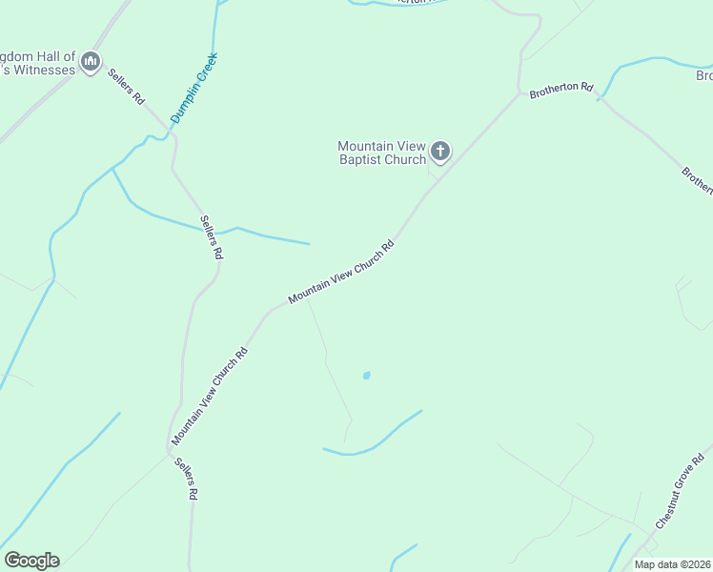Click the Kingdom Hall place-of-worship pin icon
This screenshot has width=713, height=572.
tap(91, 63)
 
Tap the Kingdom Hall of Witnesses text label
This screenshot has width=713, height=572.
tap(38, 64)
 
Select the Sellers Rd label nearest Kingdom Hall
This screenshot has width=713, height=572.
tap(125, 87)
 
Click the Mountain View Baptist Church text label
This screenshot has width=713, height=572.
tap(381, 153)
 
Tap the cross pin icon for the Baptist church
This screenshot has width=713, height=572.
tap(439, 151)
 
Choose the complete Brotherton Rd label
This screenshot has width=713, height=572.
tap(561, 89)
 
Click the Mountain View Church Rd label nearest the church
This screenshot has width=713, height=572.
tap(341, 273)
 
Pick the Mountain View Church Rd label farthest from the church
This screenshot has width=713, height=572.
tap(210, 397)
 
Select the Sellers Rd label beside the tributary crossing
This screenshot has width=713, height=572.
tap(211, 238)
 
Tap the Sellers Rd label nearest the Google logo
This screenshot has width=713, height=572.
tap(186, 480)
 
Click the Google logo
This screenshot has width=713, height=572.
tap(31, 561)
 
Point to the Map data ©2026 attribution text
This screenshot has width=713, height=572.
tap(672, 564)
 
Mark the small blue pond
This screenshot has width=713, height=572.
tap(366, 376)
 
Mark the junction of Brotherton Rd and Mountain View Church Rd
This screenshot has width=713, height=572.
tap(520, 94)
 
